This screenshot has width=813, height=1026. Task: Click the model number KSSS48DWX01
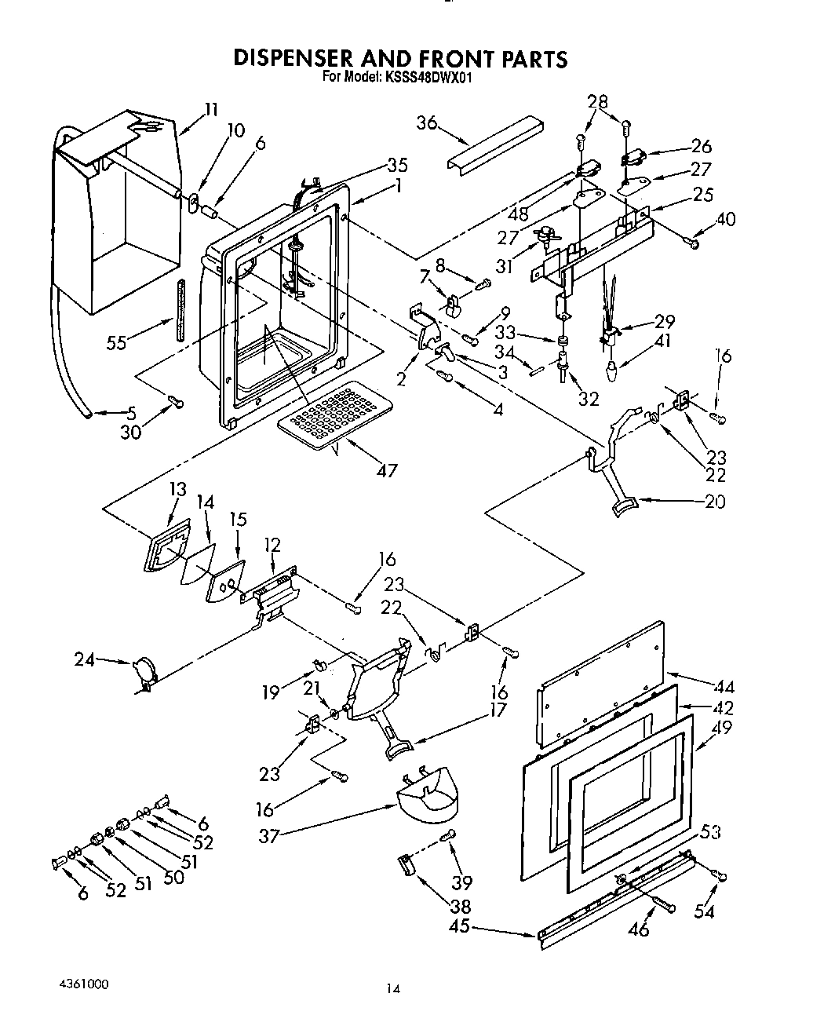(427, 78)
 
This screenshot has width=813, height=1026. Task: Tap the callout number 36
(427, 123)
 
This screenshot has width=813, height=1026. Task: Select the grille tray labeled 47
(330, 415)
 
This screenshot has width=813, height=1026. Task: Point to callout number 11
(211, 110)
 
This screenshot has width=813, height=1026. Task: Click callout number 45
(460, 926)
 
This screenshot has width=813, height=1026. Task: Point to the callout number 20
(715, 501)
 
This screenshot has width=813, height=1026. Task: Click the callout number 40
(725, 219)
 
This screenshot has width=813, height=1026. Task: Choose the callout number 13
(178, 489)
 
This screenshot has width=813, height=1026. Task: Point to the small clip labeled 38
(406, 866)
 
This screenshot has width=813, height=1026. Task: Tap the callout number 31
(504, 266)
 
